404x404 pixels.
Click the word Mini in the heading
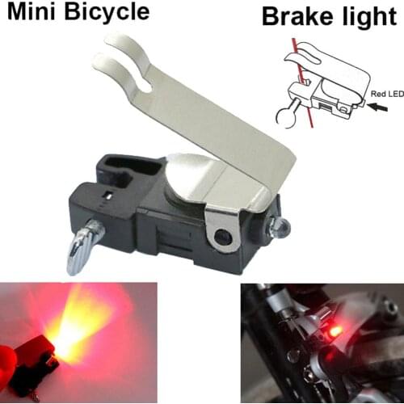[32, 11]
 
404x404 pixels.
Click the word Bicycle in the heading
[107, 12]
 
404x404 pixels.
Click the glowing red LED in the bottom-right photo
[333, 332]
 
